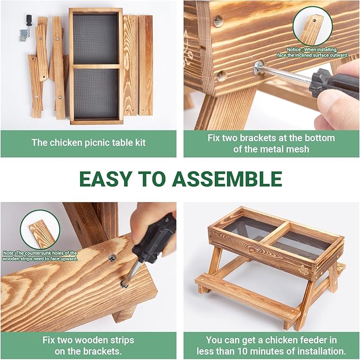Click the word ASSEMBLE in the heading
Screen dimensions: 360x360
pos(227,179)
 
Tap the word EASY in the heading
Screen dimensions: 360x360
pos(104,179)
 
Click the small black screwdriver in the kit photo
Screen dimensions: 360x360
pos(29,24)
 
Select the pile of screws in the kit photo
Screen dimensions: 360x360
pos(23,35)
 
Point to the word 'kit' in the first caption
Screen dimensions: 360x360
pos(141,142)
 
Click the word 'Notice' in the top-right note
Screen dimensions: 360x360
pos(293,50)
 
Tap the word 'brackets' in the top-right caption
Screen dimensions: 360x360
pos(258,138)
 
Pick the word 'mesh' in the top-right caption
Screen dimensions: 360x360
pos(298,149)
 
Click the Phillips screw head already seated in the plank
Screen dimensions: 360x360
pos(112,258)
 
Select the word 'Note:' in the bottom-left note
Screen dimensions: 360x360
pos(8,253)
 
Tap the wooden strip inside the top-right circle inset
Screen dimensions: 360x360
pos(310,29)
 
